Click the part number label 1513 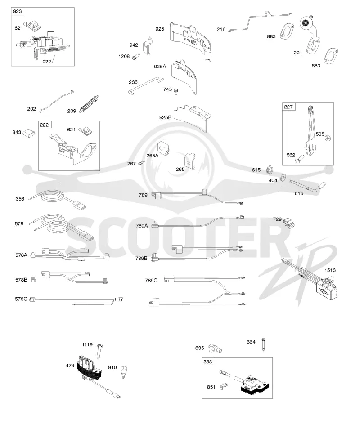coord(330,270)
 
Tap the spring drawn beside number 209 coord(89,104)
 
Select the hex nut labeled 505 coord(327,138)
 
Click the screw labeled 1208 coord(136,57)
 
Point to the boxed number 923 coord(17,11)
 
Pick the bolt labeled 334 coord(263,344)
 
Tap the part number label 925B coord(165,117)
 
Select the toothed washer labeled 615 coord(270,170)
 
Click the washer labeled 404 coord(283,177)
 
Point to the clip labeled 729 coord(289,223)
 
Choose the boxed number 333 coord(208,362)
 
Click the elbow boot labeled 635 coord(215,349)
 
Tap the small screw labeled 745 coord(176,90)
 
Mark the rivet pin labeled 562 coord(300,158)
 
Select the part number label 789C coord(151,281)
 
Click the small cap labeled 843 coord(28,133)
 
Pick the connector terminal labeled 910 coord(124,371)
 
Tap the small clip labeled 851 coord(223,386)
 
